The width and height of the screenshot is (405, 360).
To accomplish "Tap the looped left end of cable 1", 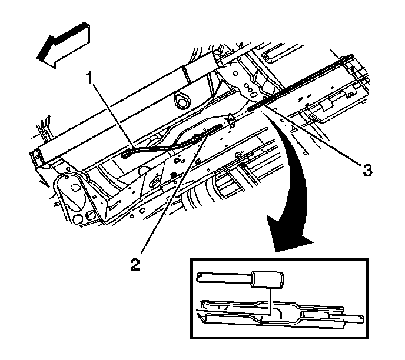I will coord(128,155).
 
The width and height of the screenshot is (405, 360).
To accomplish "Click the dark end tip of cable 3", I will coord(251,108).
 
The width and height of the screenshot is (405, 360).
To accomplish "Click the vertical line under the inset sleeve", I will coord(270,300).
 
